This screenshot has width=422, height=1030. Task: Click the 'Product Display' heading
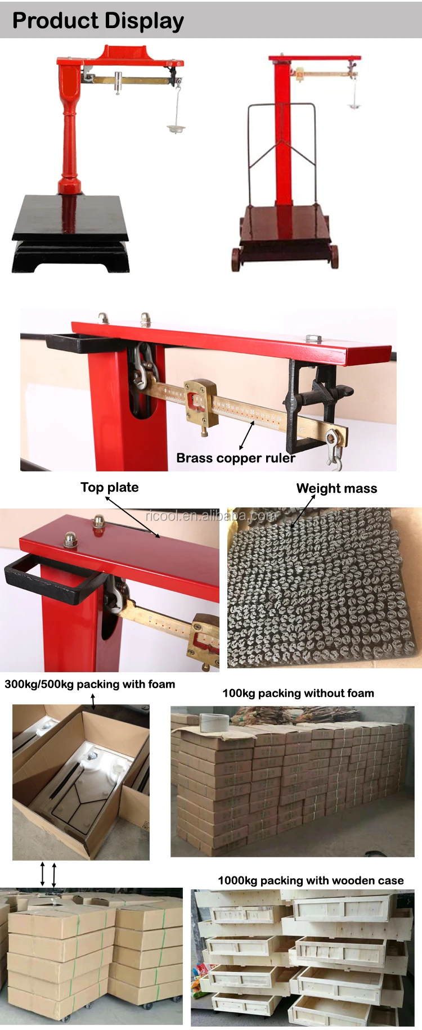tap(98, 21)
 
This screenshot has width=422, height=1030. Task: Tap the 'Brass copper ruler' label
tap(235, 458)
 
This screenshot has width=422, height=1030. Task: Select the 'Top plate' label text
tap(109, 487)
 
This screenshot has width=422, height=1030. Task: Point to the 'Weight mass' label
tap(336, 488)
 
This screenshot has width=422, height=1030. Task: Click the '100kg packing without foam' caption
tap(298, 693)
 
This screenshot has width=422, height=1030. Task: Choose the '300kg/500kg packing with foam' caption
tap(90, 684)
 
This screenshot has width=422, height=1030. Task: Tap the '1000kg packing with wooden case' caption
tap(311, 880)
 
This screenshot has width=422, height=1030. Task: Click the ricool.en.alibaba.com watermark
tap(211, 515)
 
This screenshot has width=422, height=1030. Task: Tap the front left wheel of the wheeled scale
tap(236, 259)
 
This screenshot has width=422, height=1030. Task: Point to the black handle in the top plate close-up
tap(51, 579)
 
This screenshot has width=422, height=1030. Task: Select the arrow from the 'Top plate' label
tap(132, 517)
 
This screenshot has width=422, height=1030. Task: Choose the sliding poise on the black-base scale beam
tap(119, 82)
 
